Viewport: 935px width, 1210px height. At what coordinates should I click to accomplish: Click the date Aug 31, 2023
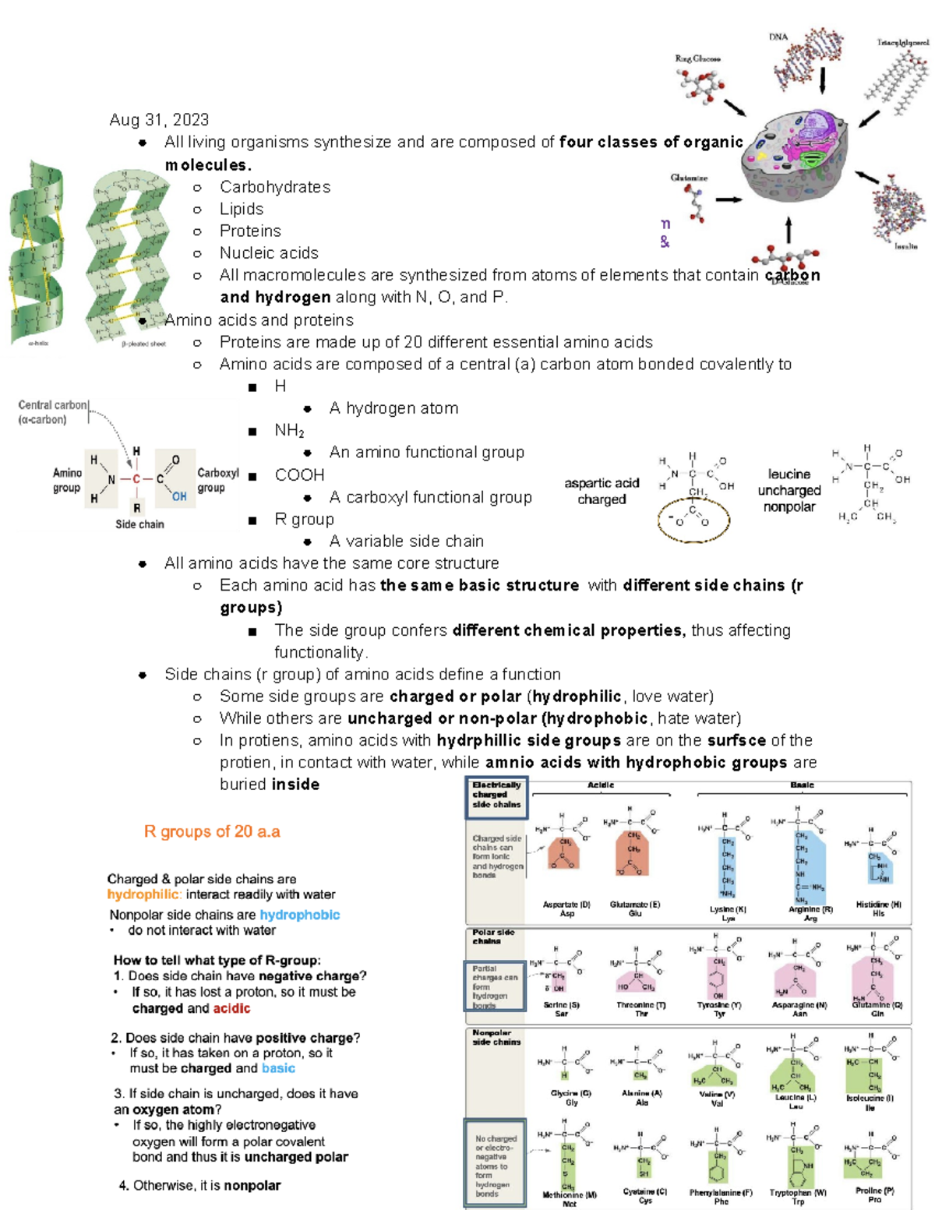pos(159,120)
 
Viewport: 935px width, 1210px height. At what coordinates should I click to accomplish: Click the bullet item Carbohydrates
pos(274,187)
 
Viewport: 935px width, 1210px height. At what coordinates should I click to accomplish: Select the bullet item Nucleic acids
pos(269,253)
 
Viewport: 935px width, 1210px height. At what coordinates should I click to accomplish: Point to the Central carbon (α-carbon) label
pos(52,412)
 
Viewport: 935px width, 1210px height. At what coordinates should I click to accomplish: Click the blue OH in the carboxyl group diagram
pos(179,496)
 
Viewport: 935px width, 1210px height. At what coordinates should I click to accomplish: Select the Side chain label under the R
pos(139,524)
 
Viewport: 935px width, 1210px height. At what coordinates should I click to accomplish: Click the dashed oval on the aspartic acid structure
pos(693,520)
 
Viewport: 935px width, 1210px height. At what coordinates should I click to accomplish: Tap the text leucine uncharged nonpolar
pos(789,490)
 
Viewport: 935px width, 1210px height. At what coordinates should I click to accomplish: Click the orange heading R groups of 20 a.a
pos(212,832)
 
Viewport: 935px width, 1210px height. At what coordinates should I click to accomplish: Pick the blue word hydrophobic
pos(299,915)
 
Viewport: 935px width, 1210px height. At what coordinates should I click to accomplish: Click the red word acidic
pos(231,1008)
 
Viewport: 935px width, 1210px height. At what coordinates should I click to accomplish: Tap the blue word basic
pos(278,1068)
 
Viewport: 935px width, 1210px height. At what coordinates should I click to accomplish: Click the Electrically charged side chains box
pos(496,795)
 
